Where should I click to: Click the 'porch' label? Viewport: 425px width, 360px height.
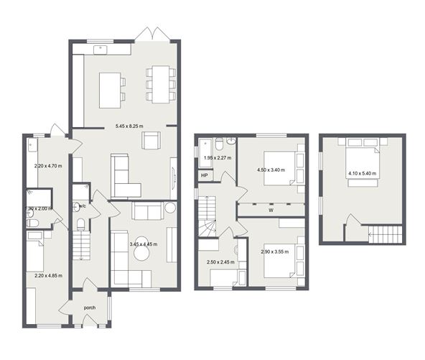coord(90,308)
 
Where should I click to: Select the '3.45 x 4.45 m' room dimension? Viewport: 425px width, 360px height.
coord(144,244)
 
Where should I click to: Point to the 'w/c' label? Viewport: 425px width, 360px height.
coord(81,206)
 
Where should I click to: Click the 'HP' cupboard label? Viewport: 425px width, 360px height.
coord(205,175)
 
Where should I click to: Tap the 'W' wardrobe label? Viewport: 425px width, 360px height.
coord(270,211)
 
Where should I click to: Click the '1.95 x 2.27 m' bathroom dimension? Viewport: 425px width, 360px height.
coord(219,158)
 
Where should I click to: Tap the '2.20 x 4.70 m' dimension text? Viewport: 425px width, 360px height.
coord(48,166)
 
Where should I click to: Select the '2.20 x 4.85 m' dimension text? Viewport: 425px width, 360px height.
coord(48,274)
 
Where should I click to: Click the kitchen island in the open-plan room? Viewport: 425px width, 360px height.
coord(110,88)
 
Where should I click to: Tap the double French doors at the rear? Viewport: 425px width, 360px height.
coord(154,34)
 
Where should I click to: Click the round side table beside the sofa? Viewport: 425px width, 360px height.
coord(169,208)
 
